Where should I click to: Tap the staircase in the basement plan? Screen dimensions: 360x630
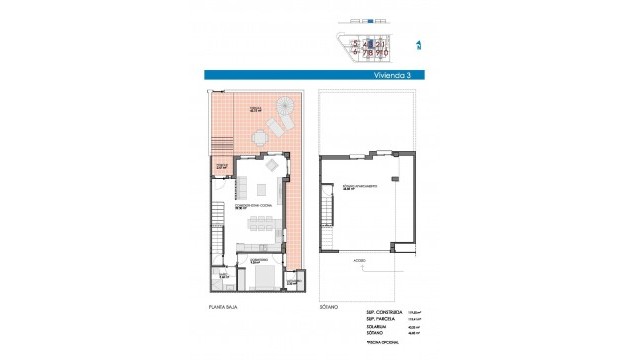pos(326,215)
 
